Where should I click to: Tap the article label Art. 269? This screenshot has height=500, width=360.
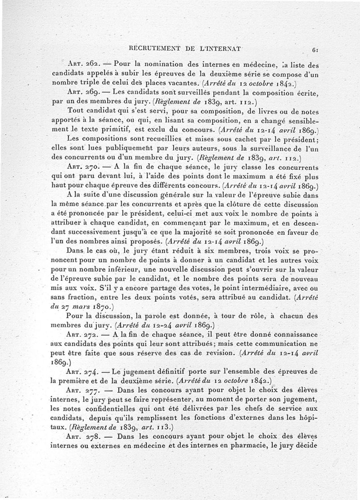pos(80,92)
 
